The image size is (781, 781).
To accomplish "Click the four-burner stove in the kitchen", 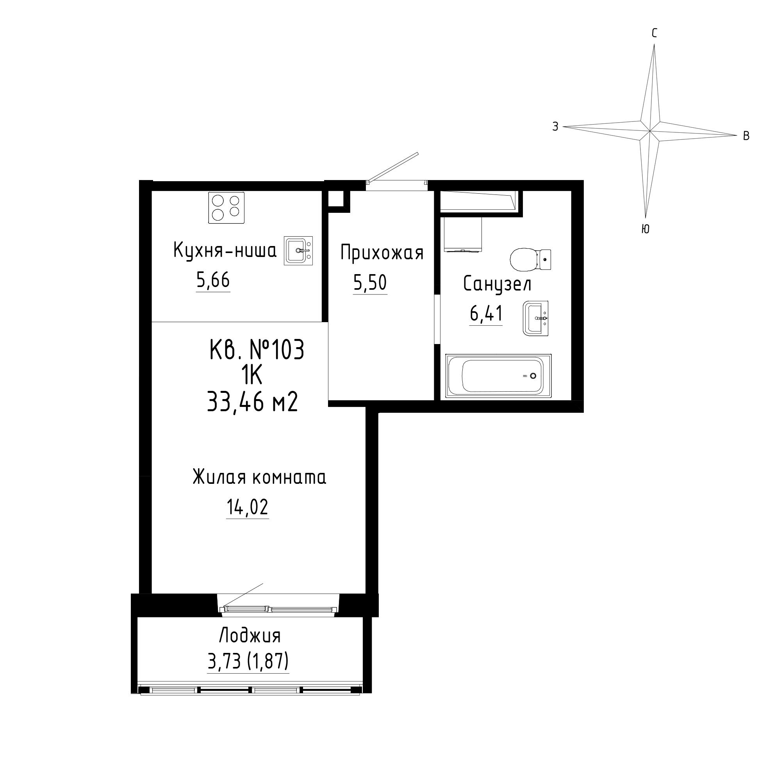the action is tap(226, 208).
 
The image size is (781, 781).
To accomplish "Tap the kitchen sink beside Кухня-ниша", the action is tap(298, 251).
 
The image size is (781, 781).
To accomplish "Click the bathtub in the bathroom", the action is tap(498, 376).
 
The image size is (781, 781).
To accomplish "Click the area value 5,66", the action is tap(213, 280).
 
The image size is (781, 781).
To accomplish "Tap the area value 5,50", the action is tap(370, 283).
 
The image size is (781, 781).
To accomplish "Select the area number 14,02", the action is tap(248, 507).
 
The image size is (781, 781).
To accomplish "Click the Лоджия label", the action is tap(250, 635).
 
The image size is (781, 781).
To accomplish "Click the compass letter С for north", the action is tap(654, 33).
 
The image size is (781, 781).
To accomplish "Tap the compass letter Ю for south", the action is tap(645, 229).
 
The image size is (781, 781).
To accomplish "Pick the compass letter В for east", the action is tap(747, 136).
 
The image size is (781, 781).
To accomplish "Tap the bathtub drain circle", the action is tap(533, 376).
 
